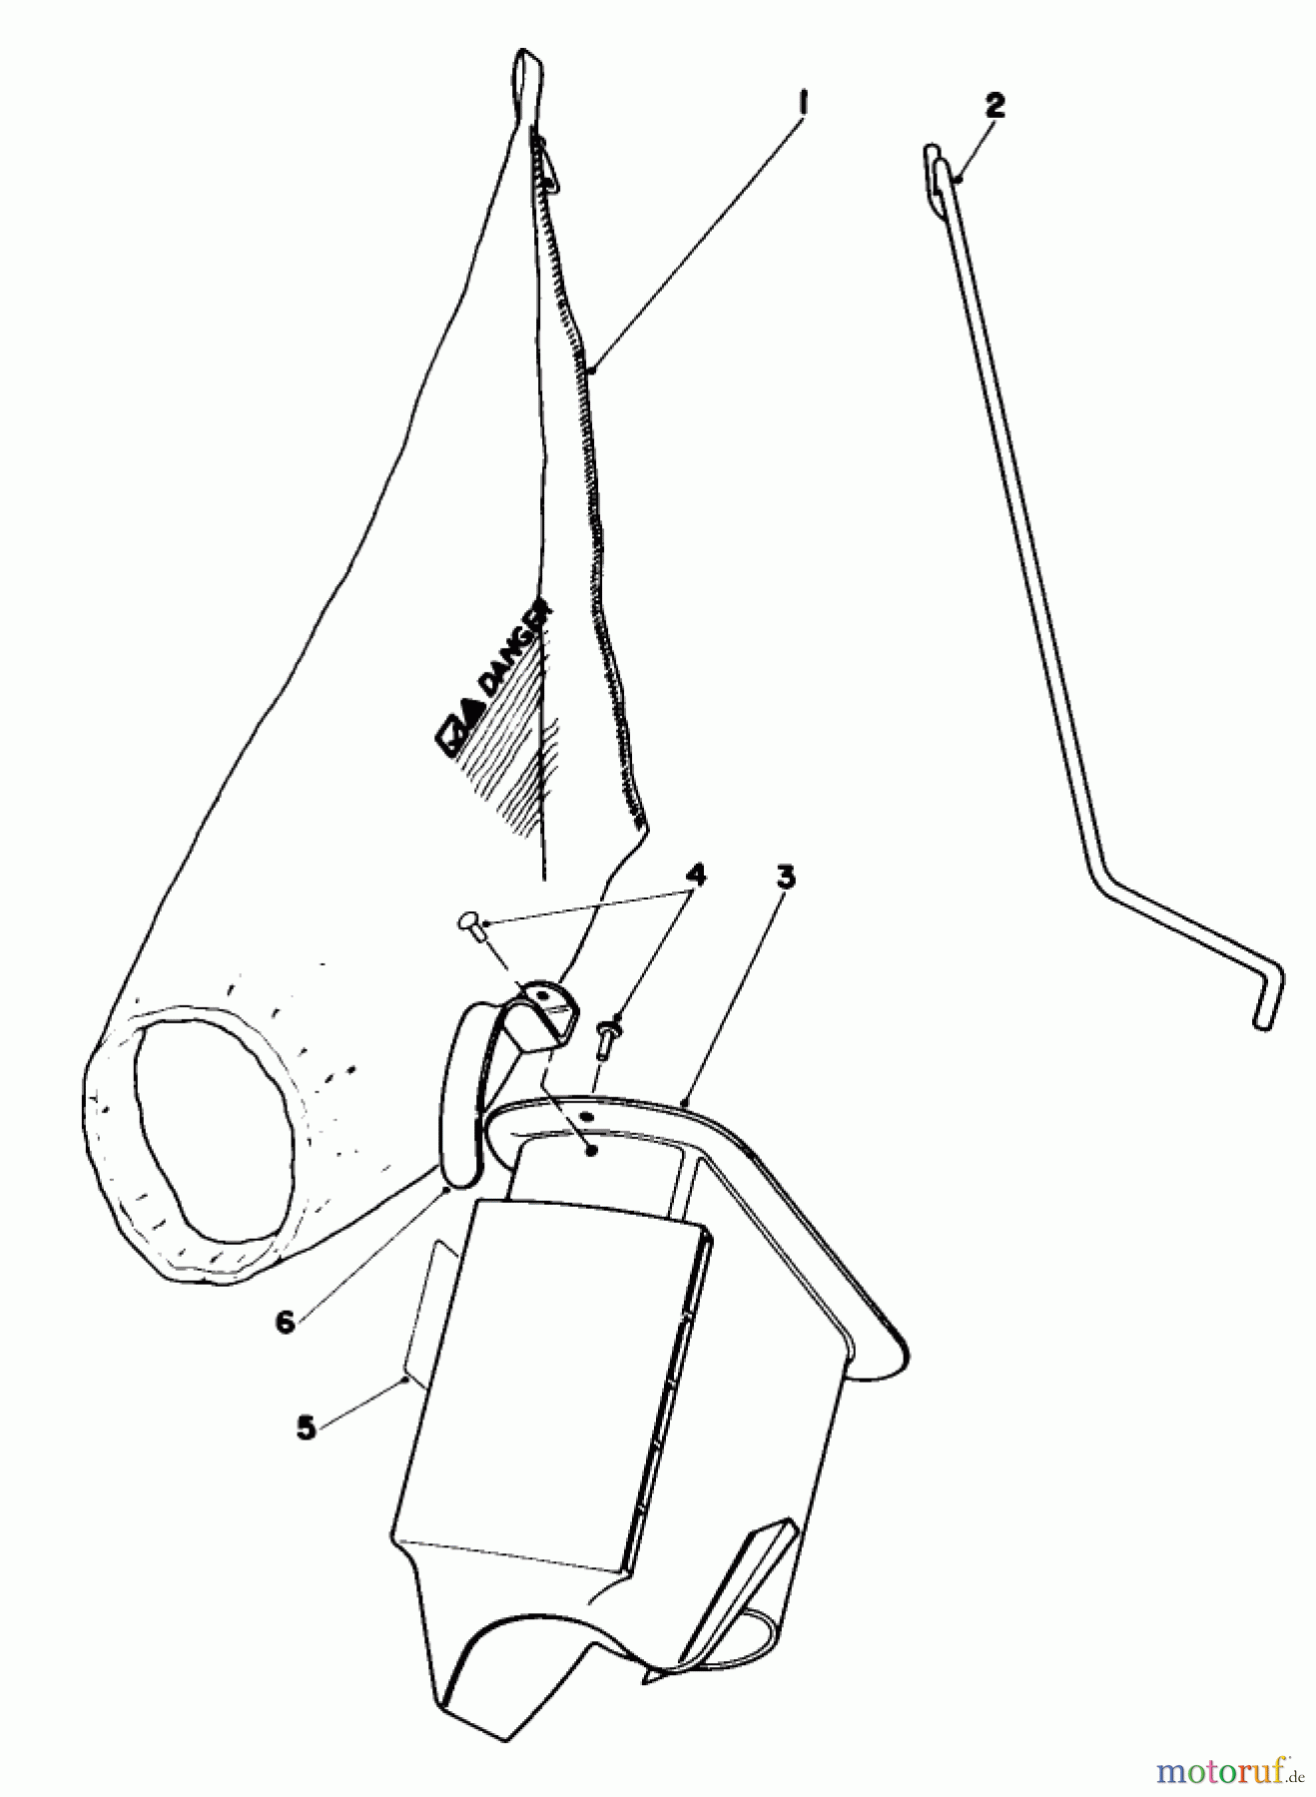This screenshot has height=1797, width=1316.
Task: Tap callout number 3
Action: pyautogui.click(x=786, y=878)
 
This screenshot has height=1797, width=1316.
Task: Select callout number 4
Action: pyautogui.click(x=695, y=876)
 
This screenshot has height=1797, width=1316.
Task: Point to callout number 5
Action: pyautogui.click(x=306, y=1427)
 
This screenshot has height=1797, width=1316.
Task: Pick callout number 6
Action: pyautogui.click(x=286, y=1322)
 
